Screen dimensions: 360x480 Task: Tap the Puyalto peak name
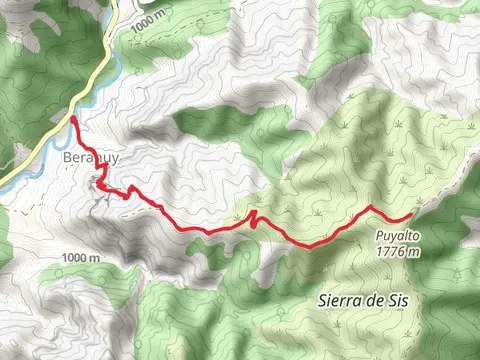coord(398,237)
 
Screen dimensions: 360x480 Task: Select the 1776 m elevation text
coord(398,252)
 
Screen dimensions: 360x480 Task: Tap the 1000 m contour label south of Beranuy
coord(80,258)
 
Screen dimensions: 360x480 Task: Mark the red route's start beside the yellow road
coord(74,119)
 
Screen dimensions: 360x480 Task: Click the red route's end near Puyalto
coord(411,216)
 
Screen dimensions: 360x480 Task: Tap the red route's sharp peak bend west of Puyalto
coord(371,207)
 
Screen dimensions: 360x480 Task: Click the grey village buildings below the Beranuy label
coord(102,186)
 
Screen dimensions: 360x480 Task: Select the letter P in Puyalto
coord(380,237)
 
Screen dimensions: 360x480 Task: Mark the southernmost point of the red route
coord(308,245)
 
